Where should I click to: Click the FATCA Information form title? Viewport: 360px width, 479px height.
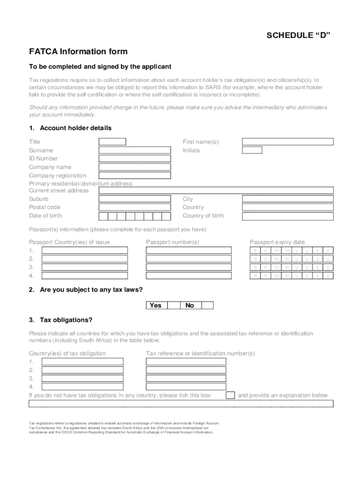pos(78,51)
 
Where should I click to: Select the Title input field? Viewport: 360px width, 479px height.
pos(112,142)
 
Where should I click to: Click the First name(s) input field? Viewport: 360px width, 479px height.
pos(288,142)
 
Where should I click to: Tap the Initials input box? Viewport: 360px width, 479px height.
pos(252,150)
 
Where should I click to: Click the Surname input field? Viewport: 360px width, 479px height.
pos(135,150)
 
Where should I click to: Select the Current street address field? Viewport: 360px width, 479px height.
pos(216,190)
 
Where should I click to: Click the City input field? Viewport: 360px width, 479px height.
pos(288,199)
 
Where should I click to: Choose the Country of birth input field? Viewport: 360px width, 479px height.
pos(288,216)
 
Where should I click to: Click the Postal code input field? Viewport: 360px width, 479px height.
pos(135,207)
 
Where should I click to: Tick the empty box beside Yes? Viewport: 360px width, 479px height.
pos(173,305)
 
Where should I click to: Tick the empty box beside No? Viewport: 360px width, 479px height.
pos(207,305)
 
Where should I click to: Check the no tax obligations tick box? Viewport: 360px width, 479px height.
pos(230,395)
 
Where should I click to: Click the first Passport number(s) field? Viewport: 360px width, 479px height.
pos(188,250)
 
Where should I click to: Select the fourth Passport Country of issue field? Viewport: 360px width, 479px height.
pos(85,276)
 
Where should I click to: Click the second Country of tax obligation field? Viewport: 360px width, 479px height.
pos(83,370)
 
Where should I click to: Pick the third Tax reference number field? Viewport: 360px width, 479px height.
pos(186,378)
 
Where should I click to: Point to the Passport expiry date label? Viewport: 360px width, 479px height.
pos(277,242)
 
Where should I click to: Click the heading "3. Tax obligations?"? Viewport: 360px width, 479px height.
pos(61,320)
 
